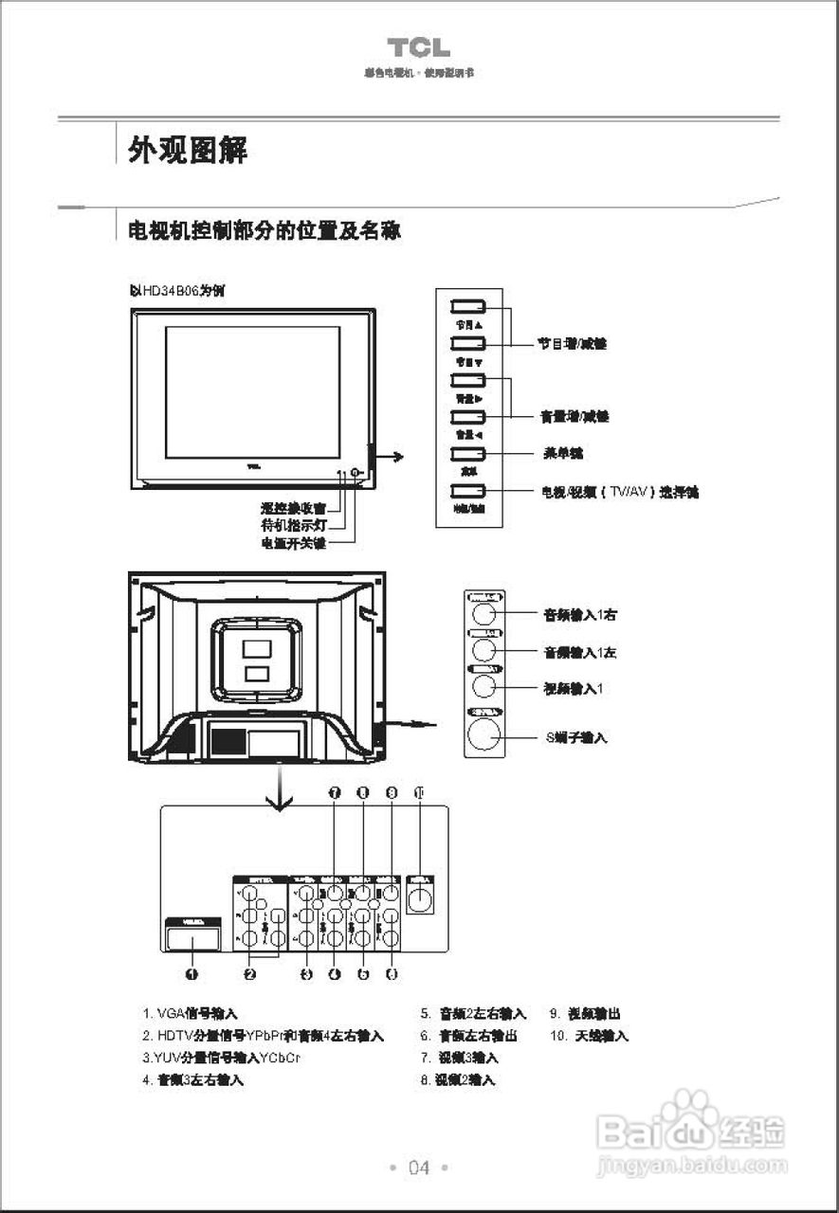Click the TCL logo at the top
[x=418, y=47]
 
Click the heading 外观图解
[x=188, y=149]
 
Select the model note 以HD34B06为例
[x=176, y=290]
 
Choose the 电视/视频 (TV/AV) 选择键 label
[x=619, y=492]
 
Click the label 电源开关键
[x=293, y=543]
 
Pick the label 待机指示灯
[x=293, y=525]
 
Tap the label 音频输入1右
[x=580, y=614]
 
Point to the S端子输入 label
[x=576, y=736]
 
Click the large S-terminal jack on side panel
[x=484, y=733]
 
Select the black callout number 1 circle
[x=192, y=973]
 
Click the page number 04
[x=419, y=1168]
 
